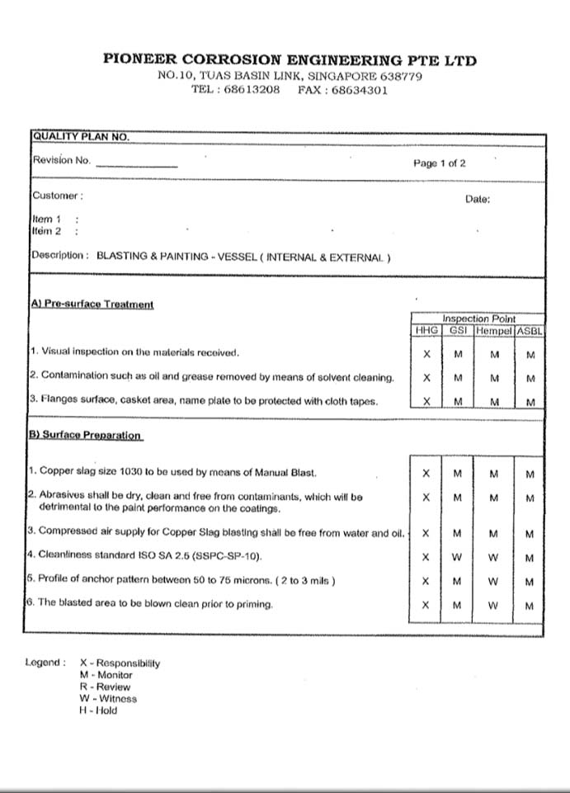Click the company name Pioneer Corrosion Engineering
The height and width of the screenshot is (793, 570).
(290, 60)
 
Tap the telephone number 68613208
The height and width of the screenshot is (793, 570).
(252, 90)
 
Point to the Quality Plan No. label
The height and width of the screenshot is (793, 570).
(80, 137)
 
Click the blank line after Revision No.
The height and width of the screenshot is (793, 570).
(136, 165)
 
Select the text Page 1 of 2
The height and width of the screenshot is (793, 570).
(439, 163)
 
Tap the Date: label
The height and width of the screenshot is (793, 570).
(478, 199)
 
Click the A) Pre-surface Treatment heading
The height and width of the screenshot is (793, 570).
(92, 304)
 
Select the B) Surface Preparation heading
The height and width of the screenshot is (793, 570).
(86, 435)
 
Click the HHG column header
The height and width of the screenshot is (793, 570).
(426, 330)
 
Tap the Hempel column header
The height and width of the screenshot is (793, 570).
(493, 330)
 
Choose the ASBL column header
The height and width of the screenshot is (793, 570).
(530, 330)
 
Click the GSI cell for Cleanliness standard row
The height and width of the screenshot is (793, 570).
(457, 558)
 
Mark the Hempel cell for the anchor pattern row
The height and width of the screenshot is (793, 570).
(493, 582)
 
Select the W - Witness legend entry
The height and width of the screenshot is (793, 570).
(108, 698)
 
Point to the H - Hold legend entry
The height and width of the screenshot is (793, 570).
(98, 710)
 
